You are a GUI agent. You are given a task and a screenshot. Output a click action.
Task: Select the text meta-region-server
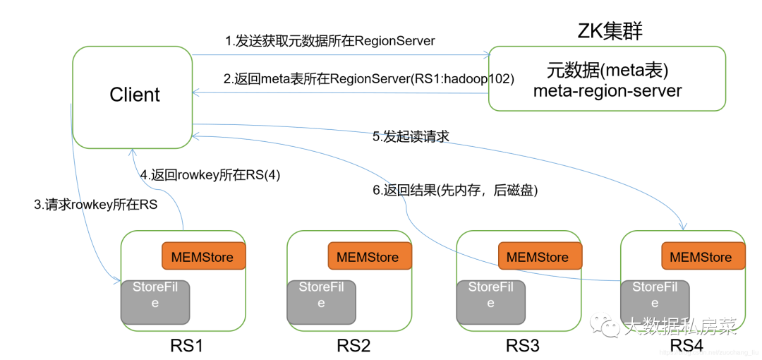607,91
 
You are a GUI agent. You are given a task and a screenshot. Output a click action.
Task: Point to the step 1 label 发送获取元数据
329,41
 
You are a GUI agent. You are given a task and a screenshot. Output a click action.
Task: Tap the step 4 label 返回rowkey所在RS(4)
210,175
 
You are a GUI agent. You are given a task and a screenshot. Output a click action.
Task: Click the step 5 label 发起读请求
411,136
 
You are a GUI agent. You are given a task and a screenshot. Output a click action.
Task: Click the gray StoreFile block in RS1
155,302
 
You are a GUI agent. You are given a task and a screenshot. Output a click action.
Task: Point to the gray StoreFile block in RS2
321,302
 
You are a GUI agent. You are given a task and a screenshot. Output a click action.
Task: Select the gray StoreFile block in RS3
490,302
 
